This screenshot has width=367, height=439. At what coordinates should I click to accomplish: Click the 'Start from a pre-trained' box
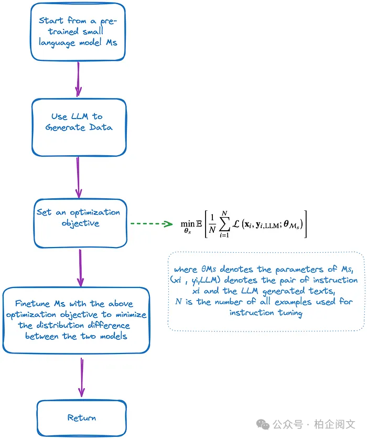[78, 31]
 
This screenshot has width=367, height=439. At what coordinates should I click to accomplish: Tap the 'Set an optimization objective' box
[80, 223]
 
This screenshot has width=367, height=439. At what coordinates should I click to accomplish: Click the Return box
[81, 417]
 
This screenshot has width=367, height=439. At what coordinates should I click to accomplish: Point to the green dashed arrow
[151, 224]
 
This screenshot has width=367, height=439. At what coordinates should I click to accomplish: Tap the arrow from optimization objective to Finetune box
[80, 267]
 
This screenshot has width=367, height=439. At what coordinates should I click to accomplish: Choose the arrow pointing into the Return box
[81, 377]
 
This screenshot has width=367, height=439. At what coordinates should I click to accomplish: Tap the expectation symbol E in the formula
[200, 223]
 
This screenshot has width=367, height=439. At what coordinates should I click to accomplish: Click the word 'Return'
[81, 417]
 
